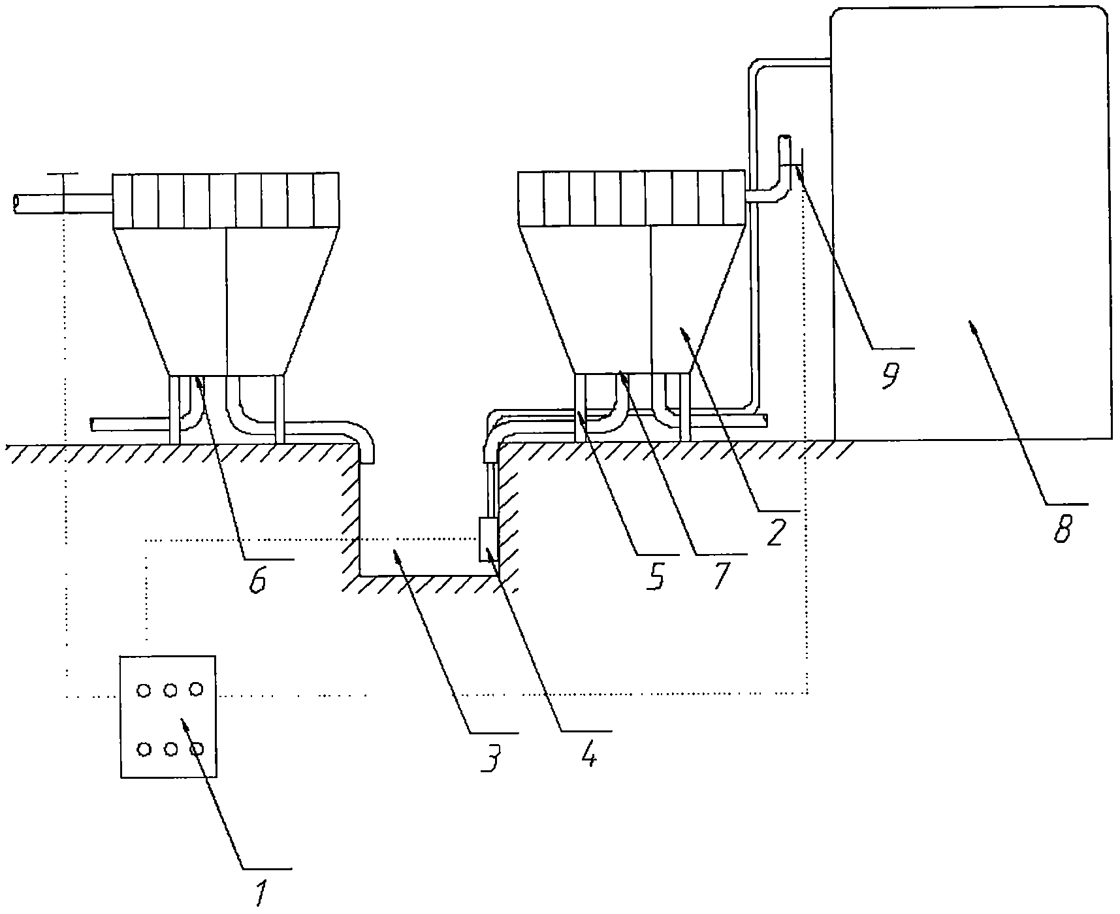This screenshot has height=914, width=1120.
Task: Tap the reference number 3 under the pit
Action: coord(491,759)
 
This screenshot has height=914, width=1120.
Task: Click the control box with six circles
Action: coord(168,716)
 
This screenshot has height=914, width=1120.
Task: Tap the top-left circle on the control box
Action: coord(144,689)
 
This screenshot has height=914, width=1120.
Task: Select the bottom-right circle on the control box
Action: coord(196,749)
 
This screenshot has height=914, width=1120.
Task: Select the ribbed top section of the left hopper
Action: coord(225,200)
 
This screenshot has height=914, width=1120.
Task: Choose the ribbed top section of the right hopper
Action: coord(631,199)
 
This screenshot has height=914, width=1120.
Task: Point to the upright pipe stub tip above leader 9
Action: coord(784,137)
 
